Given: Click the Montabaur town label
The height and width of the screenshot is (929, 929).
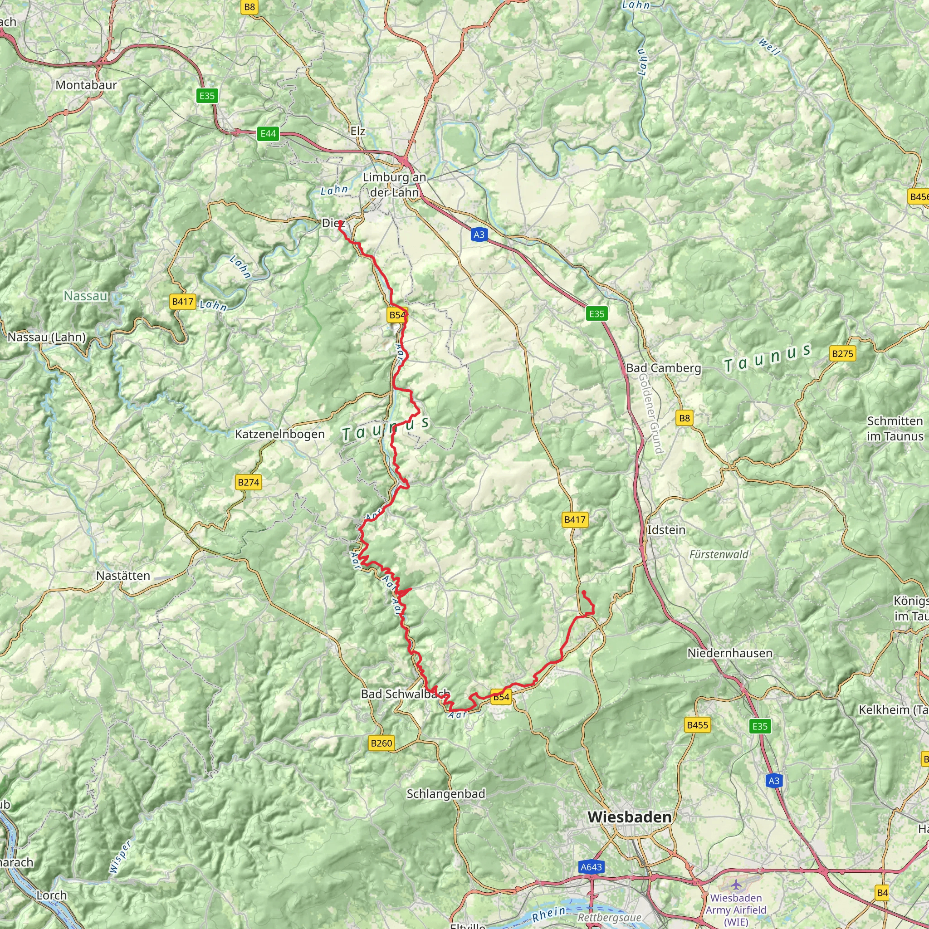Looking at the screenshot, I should click(x=86, y=85).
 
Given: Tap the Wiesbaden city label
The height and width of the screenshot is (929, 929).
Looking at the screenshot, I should click(x=629, y=817).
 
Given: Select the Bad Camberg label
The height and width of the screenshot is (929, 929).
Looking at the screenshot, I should click(x=663, y=368).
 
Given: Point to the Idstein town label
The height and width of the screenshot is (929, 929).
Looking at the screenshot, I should click(x=666, y=529).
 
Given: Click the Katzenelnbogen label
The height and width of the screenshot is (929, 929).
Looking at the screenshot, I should click(x=279, y=434).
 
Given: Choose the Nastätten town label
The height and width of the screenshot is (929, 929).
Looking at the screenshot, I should click(x=123, y=576).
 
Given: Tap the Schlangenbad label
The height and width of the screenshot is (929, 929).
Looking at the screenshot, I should click(x=446, y=793).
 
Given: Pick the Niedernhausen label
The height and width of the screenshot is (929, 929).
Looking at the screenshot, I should click(x=729, y=653).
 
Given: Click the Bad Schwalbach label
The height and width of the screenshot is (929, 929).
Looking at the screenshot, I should click(x=406, y=694).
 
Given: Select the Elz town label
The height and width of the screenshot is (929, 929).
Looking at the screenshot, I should click(x=358, y=131).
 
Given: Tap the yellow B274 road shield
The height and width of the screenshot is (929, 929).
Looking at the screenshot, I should click(x=249, y=482).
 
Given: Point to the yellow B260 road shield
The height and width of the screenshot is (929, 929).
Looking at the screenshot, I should click(x=381, y=743).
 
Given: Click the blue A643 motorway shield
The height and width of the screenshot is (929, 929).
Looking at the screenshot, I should click(x=591, y=867).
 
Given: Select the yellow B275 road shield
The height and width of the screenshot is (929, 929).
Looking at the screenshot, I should click(x=842, y=354).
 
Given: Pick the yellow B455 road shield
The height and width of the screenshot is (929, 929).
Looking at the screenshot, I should click(x=697, y=725).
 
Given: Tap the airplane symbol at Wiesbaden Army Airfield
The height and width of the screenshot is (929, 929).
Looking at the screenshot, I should click(x=736, y=884).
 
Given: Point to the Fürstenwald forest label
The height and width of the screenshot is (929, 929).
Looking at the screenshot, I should click(x=719, y=554).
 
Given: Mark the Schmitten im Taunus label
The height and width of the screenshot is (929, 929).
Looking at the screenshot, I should click(x=895, y=428).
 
